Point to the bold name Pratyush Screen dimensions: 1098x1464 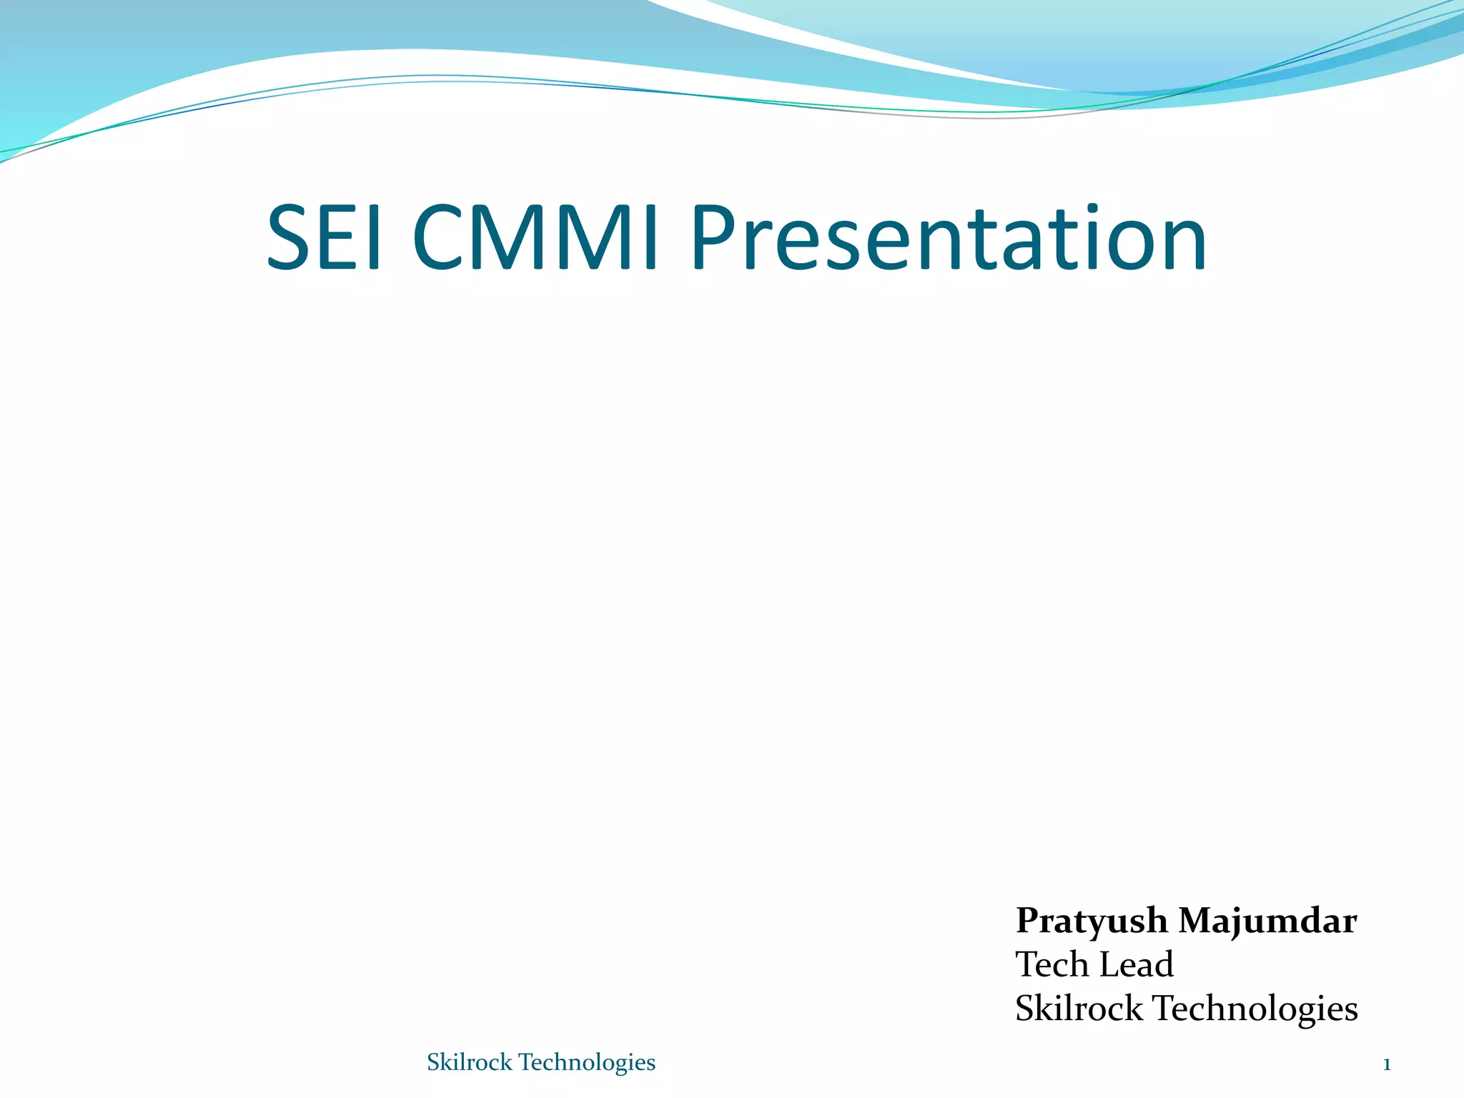pos(1092,921)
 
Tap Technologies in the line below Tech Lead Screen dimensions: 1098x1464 pos(1256,1009)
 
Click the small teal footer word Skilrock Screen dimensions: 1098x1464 pos(469,1062)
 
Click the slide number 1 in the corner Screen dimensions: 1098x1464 pos(1387,1065)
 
